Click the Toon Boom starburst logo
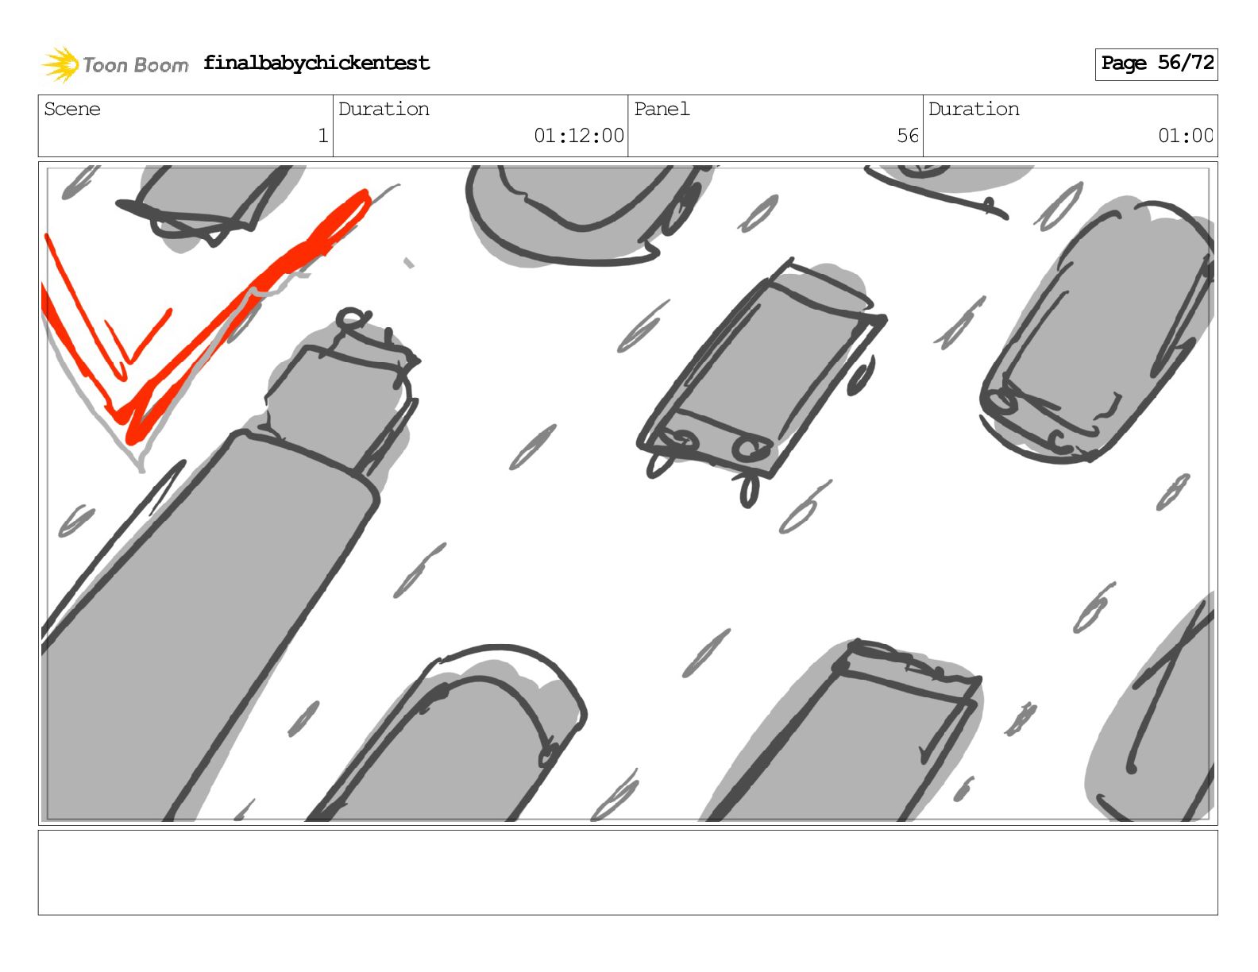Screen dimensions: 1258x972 point(60,64)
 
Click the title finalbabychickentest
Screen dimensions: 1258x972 point(316,63)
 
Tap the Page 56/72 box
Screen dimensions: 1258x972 point(1156,64)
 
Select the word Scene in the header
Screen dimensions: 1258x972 point(72,109)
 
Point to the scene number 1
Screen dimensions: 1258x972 point(323,136)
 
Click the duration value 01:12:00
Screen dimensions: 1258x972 point(579,136)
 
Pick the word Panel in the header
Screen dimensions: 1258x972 point(662,109)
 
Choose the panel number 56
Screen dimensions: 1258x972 point(908,136)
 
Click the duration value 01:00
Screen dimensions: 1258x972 point(1185,136)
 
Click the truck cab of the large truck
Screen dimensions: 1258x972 point(342,388)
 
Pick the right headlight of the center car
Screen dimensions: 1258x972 point(751,448)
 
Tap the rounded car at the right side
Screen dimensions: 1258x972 point(1097,333)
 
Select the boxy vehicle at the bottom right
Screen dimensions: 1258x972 point(845,735)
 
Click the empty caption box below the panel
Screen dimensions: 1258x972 point(628,873)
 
